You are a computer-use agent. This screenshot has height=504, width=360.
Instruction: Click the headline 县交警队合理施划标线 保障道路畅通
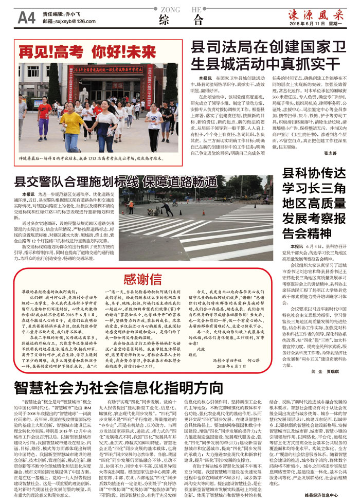coord(116,182)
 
